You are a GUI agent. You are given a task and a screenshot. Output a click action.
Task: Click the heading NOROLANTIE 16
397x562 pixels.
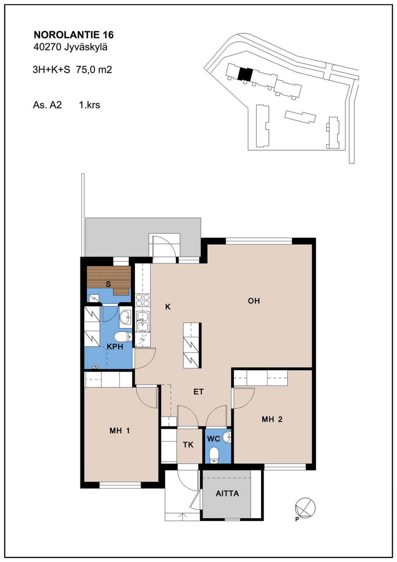point(74,35)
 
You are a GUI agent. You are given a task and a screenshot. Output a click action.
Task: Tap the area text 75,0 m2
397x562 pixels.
point(94,70)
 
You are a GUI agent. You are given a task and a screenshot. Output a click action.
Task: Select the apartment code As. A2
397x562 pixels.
point(47,105)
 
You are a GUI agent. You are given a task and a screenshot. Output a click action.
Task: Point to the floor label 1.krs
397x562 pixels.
point(90,105)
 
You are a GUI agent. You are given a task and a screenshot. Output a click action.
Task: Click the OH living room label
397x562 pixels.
point(254,301)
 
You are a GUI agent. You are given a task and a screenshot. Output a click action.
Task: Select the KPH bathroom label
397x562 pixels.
point(115,347)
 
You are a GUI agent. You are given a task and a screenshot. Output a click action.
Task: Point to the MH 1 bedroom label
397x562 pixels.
point(120,430)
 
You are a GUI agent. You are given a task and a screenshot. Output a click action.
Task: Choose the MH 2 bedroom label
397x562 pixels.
point(272,419)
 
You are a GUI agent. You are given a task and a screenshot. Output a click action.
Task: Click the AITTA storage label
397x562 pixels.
point(227,493)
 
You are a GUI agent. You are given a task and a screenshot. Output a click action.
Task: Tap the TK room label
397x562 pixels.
point(188,444)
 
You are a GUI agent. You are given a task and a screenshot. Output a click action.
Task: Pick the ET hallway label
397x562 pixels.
point(198,391)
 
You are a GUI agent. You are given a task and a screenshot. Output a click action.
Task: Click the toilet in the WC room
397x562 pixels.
point(214,456)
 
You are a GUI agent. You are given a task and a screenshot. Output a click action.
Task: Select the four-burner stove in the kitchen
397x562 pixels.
point(143,300)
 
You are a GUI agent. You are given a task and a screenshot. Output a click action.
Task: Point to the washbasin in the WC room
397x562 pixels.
point(227,437)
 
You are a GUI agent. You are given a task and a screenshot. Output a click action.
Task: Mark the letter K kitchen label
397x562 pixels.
point(168,307)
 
